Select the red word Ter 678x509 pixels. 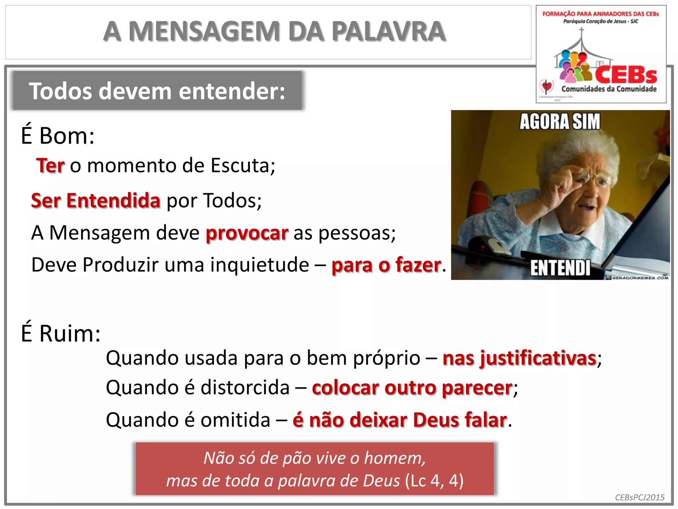(50, 165)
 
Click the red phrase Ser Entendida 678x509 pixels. (96, 200)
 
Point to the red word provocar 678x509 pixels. (247, 233)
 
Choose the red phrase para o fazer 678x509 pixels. (386, 265)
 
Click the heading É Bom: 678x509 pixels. (58, 136)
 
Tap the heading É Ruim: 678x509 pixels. (61, 333)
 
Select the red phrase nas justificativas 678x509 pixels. (519, 358)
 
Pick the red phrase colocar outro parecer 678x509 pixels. (412, 388)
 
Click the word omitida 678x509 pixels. (235, 420)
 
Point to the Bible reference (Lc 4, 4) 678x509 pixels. (434, 481)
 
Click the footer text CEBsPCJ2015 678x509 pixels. (640, 497)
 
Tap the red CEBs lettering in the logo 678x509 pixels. (626, 75)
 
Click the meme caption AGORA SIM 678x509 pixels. (559, 122)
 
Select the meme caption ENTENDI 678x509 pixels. (560, 268)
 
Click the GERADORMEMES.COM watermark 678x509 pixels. (640, 278)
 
